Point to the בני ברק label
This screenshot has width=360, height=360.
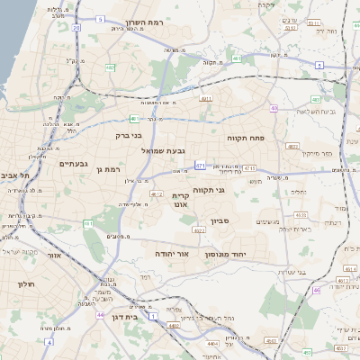click(129, 136)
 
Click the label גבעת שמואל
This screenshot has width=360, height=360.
click(163, 150)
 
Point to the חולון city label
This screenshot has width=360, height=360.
click(24, 284)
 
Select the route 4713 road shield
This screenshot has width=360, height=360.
click(249, 168)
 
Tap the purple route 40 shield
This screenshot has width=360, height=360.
click(274, 108)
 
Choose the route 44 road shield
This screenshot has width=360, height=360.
click(100, 315)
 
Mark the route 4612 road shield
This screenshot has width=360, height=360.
click(156, 193)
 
